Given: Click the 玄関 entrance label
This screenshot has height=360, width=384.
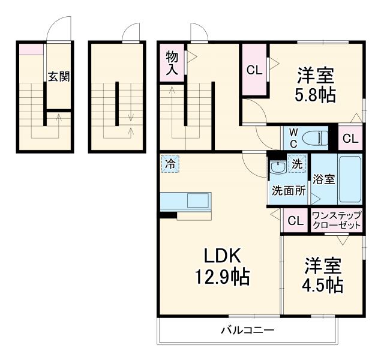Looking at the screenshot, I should [x=59, y=77].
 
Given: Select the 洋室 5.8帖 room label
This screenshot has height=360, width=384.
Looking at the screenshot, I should [x=315, y=86].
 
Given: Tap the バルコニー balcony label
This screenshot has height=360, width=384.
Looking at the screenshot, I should [x=247, y=330].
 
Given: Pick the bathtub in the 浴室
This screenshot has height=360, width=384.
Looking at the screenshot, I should [x=349, y=179].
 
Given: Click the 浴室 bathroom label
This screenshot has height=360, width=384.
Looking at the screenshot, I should [x=323, y=178].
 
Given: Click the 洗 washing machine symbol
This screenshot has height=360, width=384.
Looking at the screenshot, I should [x=298, y=162].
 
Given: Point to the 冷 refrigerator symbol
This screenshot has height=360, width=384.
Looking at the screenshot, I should [x=170, y=163].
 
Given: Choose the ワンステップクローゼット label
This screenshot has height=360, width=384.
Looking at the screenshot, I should [x=337, y=220].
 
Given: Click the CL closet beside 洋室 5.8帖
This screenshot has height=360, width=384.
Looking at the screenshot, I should [x=254, y=70].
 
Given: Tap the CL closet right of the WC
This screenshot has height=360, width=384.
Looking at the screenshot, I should [x=350, y=139].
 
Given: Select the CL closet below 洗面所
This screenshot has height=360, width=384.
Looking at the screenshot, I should [x=295, y=221].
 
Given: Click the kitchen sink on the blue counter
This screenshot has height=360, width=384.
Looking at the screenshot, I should [x=198, y=200].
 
